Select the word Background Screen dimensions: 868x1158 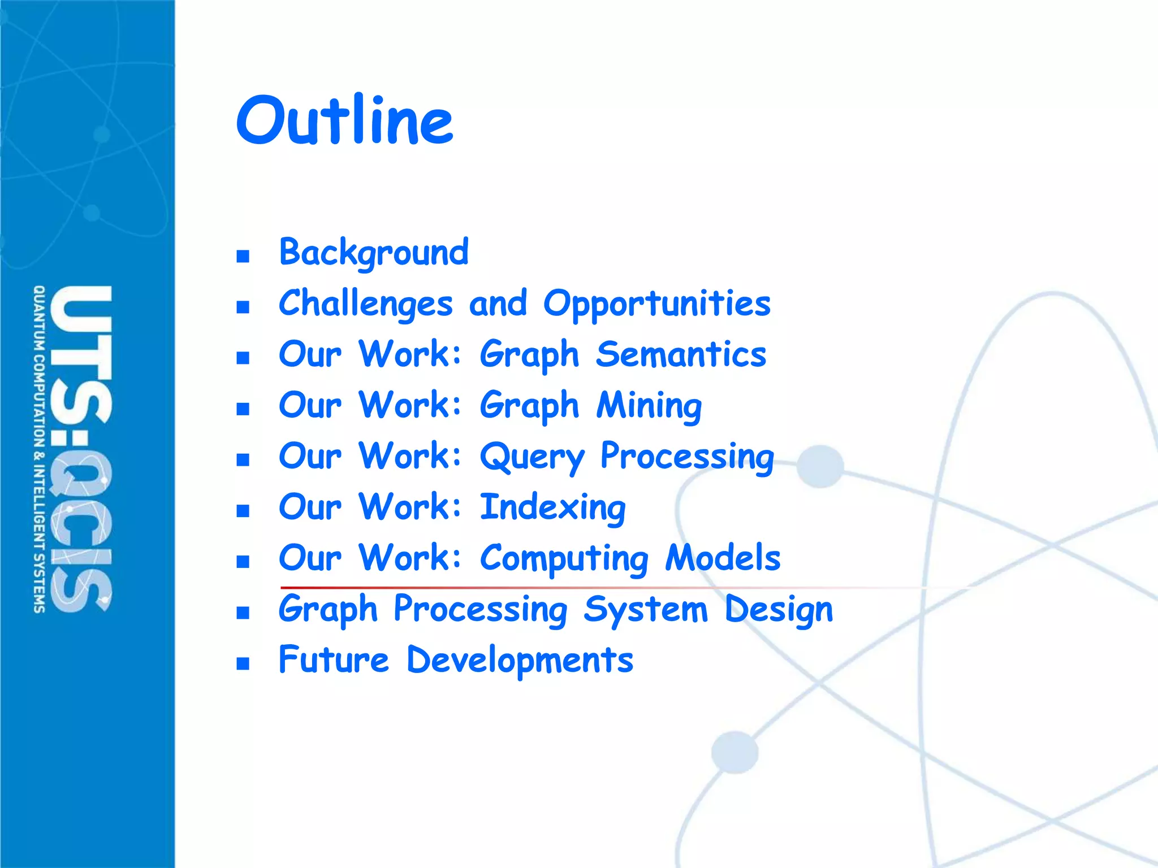[374, 252]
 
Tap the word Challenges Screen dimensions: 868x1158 [365, 303]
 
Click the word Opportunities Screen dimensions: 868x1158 [656, 304]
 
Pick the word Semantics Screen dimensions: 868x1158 [681, 354]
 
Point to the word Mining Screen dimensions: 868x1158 [649, 406]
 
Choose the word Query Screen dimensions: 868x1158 [532, 457]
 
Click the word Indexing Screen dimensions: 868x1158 [552, 507]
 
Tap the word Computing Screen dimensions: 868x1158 [564, 558]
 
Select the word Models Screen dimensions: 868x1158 [723, 558]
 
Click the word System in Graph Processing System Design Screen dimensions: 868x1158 [645, 609]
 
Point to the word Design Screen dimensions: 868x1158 [779, 609]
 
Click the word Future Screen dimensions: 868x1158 [334, 659]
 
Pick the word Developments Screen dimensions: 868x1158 [520, 660]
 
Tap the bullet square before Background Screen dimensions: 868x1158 [243, 257]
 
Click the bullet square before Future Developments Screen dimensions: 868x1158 [243, 663]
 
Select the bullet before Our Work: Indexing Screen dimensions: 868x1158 [243, 511]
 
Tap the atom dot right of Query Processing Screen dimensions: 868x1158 [820, 466]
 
